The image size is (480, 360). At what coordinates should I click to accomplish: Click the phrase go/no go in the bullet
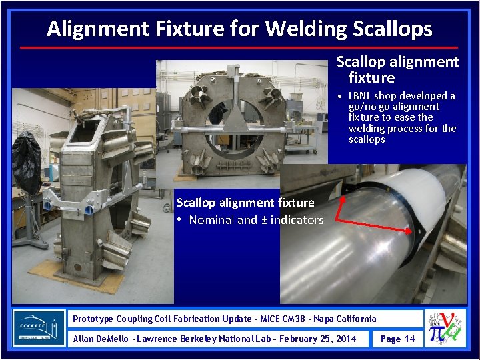pos(373,107)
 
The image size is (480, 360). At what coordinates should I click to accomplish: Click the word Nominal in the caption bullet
pos(211,220)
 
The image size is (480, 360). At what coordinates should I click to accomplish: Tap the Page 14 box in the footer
pos(397,339)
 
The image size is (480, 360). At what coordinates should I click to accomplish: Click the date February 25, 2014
pos(318,339)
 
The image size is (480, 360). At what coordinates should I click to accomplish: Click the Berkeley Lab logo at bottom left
pos(39,328)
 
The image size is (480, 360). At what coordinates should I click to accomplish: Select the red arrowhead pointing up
pos(343,198)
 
